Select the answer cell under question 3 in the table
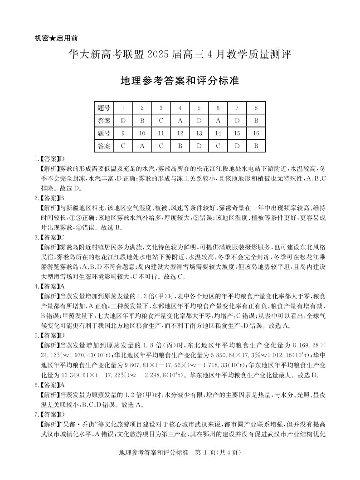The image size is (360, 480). point(161,121)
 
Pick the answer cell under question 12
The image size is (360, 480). point(180,146)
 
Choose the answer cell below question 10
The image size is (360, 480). point(142,146)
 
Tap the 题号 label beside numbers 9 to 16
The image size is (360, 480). point(104,133)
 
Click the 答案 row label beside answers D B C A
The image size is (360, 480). point(104,121)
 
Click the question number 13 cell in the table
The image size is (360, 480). point(199,133)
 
